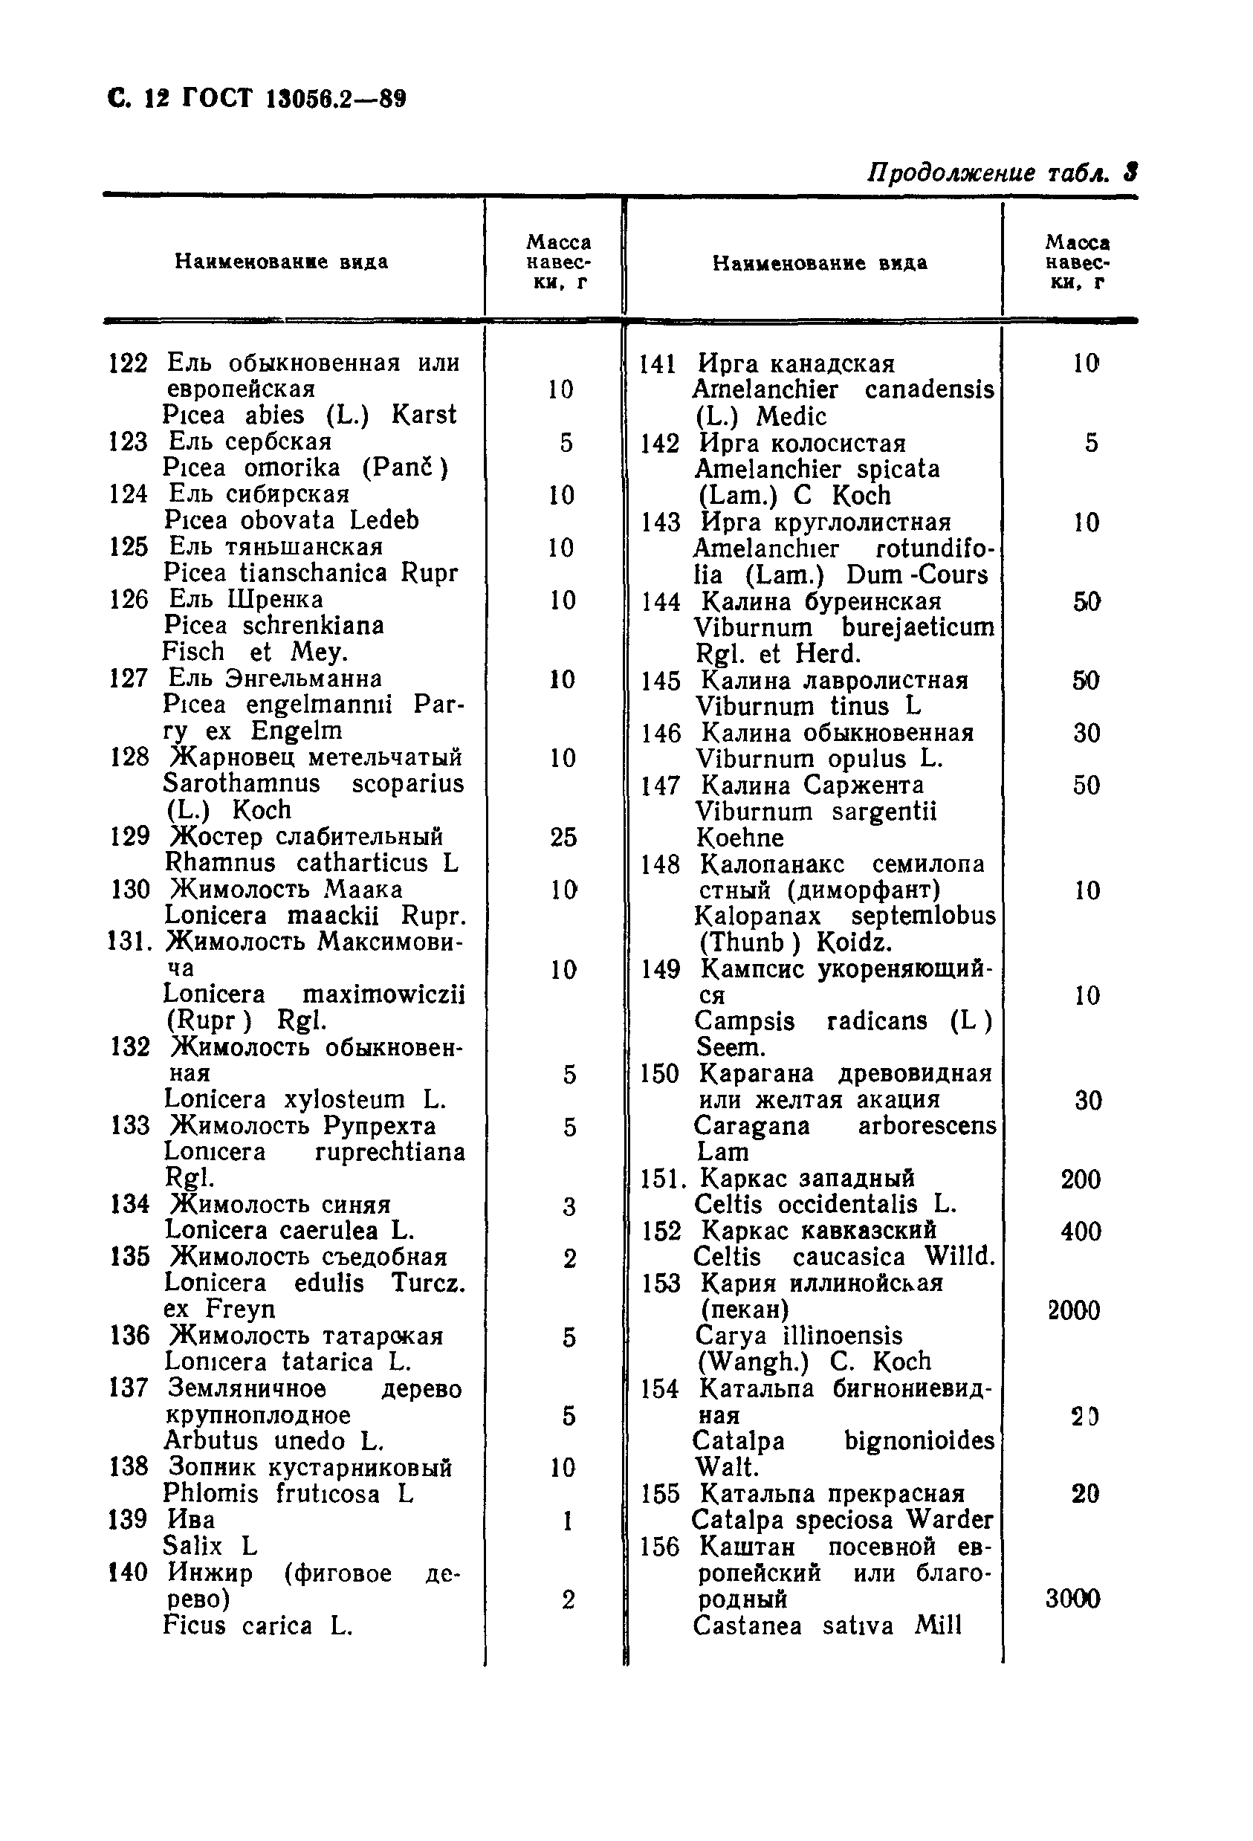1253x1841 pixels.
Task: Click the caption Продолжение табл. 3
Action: [x=1001, y=172]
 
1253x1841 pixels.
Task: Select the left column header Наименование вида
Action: [x=281, y=262]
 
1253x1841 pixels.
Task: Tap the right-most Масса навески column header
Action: [x=1077, y=262]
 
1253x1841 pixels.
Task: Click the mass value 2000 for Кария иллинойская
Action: [x=1073, y=1310]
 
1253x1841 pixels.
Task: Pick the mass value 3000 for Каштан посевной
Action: [x=1072, y=1599]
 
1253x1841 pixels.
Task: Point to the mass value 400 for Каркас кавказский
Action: [x=1081, y=1231]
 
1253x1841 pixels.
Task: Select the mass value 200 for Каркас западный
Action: [x=1081, y=1180]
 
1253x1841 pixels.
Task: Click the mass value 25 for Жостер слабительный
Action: [x=563, y=837]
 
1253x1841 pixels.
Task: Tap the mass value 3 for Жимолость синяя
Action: [x=569, y=1206]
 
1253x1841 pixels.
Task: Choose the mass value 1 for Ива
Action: [x=567, y=1521]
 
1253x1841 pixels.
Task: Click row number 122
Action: [x=129, y=363]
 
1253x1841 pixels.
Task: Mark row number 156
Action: [x=660, y=1547]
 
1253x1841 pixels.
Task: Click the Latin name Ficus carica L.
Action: [x=257, y=1625]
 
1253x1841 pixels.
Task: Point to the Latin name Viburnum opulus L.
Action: [x=819, y=759]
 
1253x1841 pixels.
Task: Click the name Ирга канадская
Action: [x=796, y=364]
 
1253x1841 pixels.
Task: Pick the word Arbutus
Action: [x=210, y=1440]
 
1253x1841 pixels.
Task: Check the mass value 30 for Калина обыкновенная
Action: [x=1086, y=733]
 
